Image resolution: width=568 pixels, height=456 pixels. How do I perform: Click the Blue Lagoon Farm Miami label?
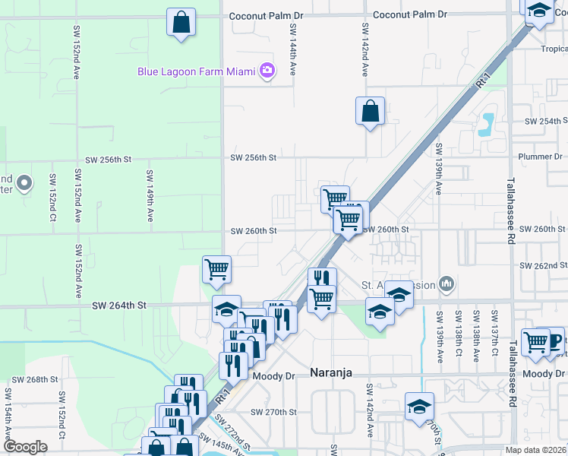(196, 72)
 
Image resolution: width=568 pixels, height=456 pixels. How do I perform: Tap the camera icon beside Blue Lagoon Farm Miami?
(267, 71)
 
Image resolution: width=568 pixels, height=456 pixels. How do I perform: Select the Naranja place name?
(333, 372)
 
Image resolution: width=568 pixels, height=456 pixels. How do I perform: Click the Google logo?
(26, 447)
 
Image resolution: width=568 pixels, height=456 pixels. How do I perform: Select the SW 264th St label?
(118, 306)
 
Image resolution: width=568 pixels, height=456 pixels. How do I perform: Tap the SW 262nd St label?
(544, 266)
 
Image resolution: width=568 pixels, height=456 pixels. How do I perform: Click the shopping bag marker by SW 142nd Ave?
(369, 111)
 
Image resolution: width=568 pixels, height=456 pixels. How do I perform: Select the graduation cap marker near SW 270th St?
(418, 406)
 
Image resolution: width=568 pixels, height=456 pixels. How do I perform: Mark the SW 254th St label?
(550, 121)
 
